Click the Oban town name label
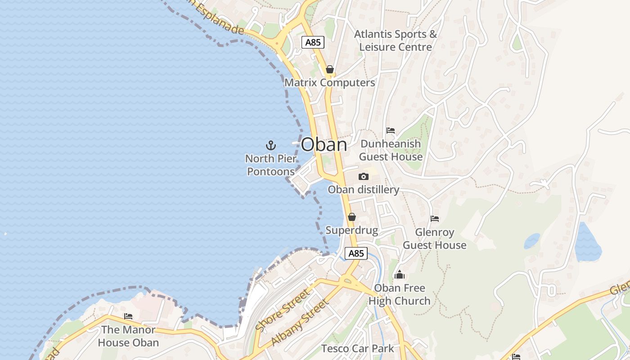point(324,144)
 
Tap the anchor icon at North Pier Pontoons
point(270,145)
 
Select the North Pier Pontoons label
point(271,165)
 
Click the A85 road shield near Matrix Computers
point(313,42)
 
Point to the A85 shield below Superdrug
point(356,253)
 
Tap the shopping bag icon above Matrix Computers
point(330,69)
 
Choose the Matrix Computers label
point(330,83)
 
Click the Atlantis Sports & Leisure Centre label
point(396,40)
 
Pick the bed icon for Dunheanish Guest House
point(391,130)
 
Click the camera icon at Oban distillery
point(363,176)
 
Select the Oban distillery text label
point(363,189)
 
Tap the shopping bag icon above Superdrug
point(352,217)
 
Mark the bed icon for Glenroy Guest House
point(434,219)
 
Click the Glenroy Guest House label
point(434,238)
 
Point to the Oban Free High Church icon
point(399,274)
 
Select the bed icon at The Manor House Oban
point(128,316)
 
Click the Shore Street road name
point(282,310)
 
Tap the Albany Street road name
point(300,322)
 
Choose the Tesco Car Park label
point(357,348)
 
